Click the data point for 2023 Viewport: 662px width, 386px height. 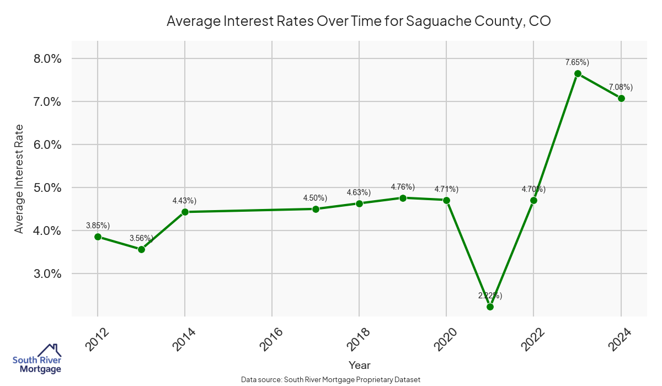coord(578,73)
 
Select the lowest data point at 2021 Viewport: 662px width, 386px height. coord(490,307)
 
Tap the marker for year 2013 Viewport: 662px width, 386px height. coord(141,249)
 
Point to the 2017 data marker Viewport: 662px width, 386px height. coord(316,209)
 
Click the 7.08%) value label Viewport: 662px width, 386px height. coord(621,87)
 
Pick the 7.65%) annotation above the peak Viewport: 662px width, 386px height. coord(577,62)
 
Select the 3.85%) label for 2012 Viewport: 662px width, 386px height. coord(98,226)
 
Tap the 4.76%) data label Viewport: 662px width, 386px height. coord(403,187)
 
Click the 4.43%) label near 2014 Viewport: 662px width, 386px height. coord(184,200)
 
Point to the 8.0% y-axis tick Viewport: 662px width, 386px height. coord(45,59)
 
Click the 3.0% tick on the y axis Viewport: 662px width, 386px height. coord(45,274)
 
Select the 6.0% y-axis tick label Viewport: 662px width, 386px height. coord(45,144)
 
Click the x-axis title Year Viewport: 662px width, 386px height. coord(360,365)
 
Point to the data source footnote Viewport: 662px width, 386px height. coord(331,379)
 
